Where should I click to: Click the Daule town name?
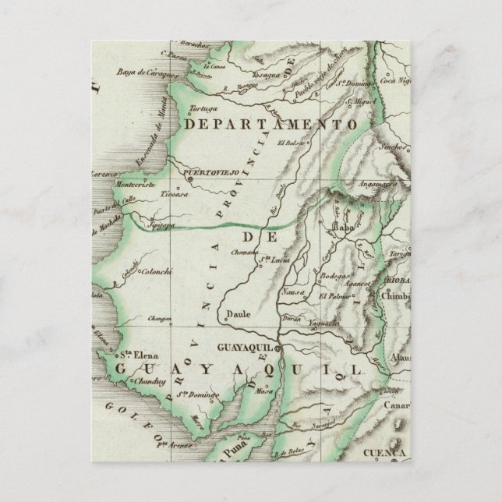tap(235, 316)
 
